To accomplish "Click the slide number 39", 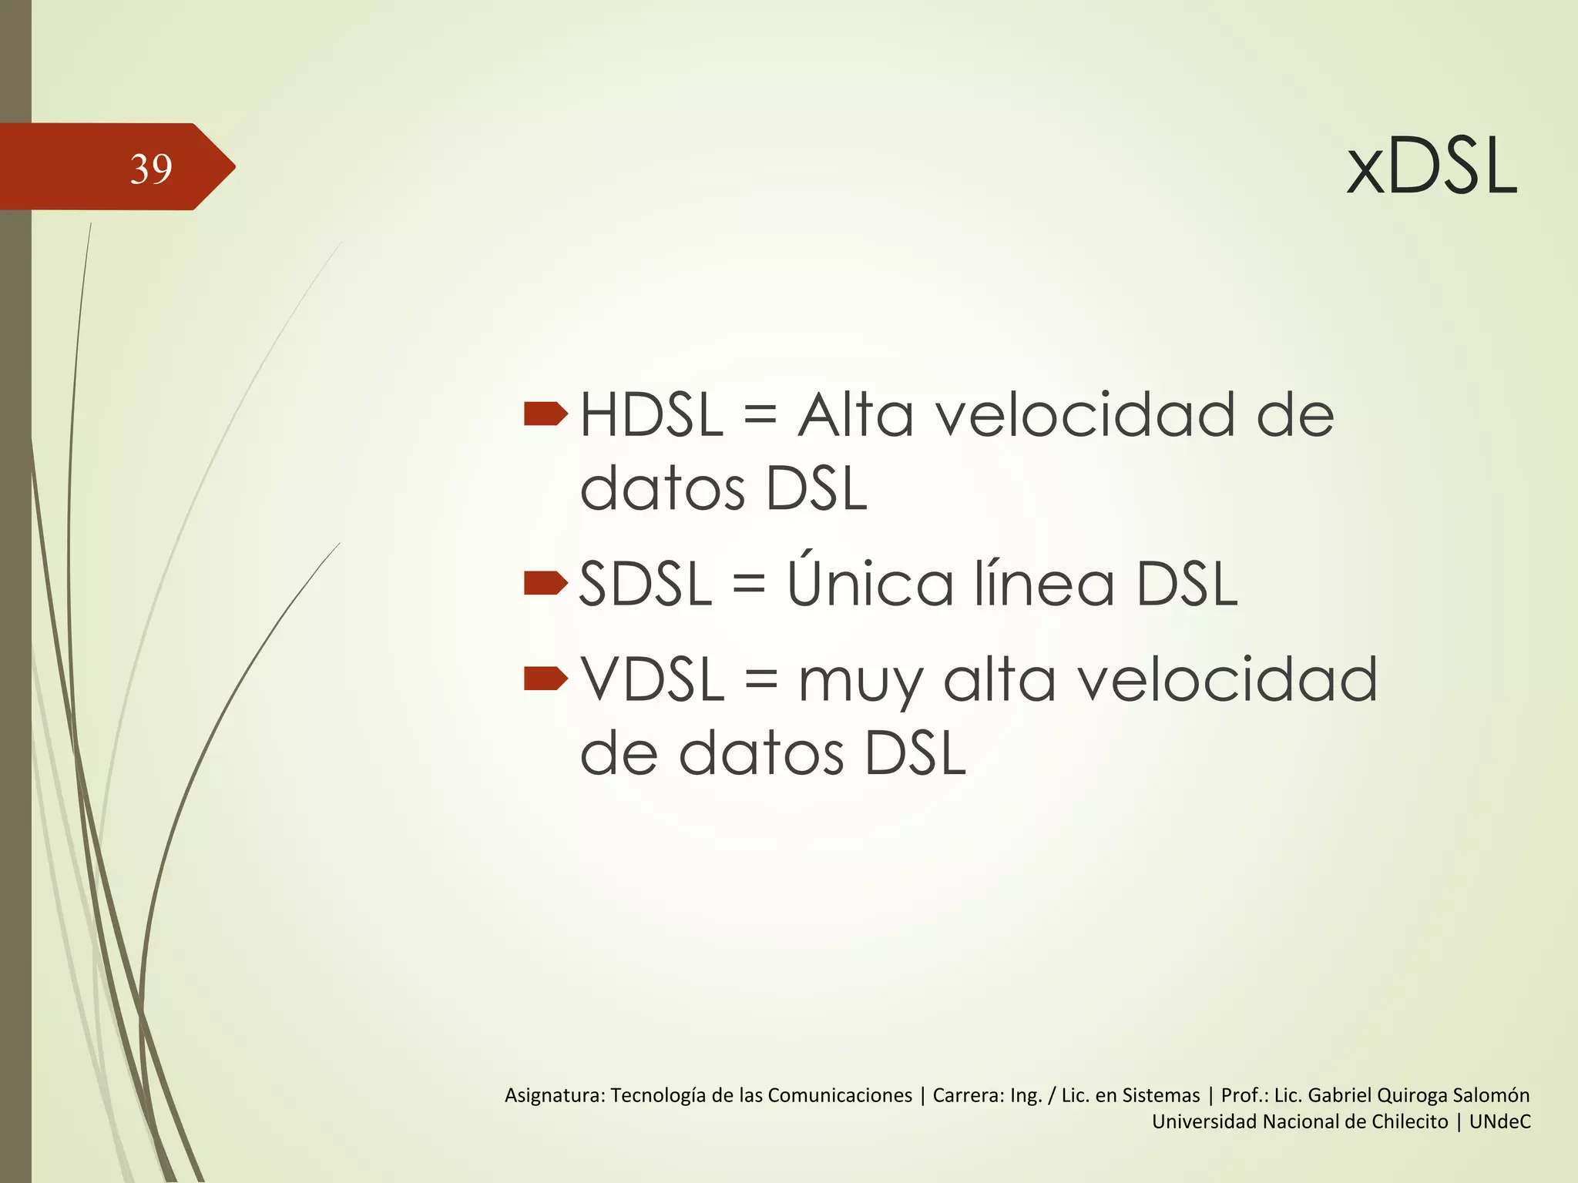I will coord(151,169).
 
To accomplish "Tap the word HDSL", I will coord(651,416).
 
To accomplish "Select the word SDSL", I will coord(646,584).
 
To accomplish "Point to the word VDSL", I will coord(653,680).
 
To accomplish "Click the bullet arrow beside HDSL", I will coord(545,414).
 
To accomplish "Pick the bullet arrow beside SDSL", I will coord(545,583).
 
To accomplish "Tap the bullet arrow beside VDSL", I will coord(545,679).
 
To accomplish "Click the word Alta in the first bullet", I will coord(855,416).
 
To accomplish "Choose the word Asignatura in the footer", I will coord(554,1095).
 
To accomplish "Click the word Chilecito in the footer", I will coord(1404,1122).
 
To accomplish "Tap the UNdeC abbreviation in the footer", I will coord(1499,1122).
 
